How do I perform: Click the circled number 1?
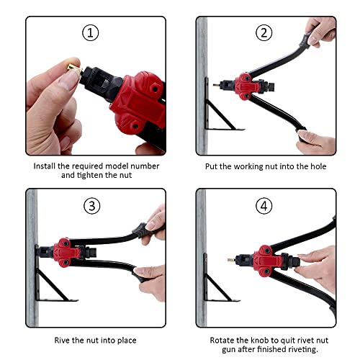91,32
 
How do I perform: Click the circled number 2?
264,32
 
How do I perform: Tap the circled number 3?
92,206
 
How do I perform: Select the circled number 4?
264,206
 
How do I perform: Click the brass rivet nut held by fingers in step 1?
73,68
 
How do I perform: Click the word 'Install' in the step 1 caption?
45,166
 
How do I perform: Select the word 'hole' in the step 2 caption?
318,166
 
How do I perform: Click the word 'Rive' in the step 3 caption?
62,340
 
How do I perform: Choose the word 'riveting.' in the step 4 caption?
302,349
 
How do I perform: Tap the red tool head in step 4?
268,261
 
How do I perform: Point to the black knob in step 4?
292,261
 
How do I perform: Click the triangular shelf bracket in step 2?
219,110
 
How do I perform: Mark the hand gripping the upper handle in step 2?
320,31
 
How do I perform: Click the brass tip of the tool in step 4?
231,260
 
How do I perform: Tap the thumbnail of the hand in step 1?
68,81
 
